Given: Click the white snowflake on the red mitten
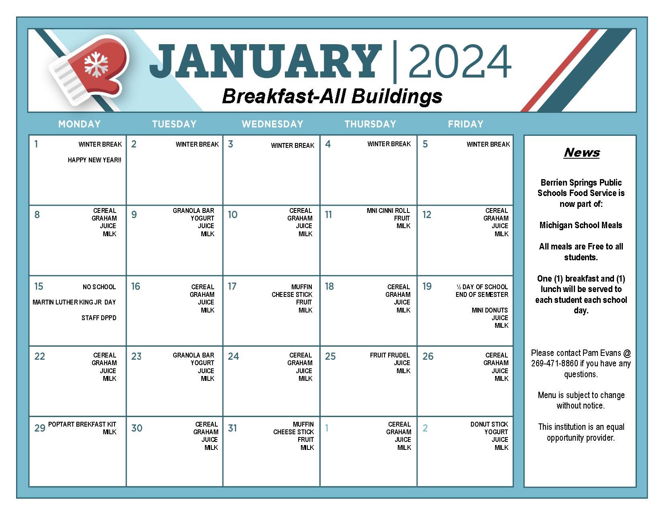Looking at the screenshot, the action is tap(96, 64).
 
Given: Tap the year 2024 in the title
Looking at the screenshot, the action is tap(460, 62).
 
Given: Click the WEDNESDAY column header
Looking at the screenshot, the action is tap(272, 124).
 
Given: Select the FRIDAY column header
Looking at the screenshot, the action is tap(466, 124).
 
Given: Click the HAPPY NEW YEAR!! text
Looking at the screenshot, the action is tap(94, 160).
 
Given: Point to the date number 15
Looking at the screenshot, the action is tap(39, 286).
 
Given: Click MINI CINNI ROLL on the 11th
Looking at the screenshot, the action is tap(388, 211).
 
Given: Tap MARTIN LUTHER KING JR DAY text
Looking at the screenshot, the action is tap(74, 302).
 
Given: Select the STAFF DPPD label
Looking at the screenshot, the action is tap(99, 318).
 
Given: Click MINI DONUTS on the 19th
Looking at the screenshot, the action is tap(490, 310).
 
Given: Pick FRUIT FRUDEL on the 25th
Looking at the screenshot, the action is tap(390, 355).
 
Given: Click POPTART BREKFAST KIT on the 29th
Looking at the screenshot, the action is tap(82, 425).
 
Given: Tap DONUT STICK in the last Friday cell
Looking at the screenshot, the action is tap(489, 425).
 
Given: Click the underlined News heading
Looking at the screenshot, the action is tap(582, 153).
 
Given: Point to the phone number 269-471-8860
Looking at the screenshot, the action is tap(555, 364).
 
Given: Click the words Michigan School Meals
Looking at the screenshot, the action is tap(581, 225).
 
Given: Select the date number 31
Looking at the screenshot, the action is tap(233, 428).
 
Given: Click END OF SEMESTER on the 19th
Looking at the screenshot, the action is tap(482, 294).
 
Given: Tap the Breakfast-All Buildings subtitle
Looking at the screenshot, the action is tap(332, 97).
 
